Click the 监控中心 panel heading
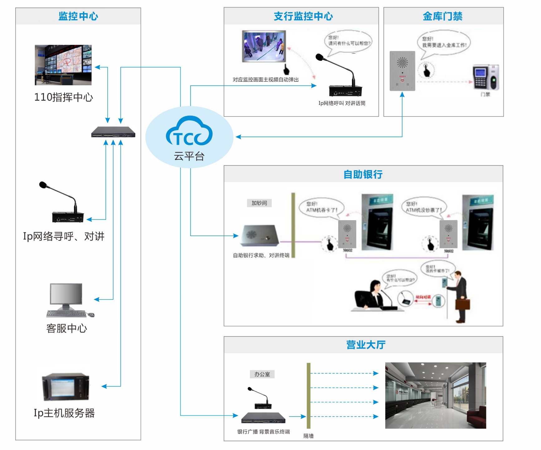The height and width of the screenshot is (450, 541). click(78, 16)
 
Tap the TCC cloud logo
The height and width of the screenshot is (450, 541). click(189, 132)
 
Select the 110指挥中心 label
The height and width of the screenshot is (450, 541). click(64, 97)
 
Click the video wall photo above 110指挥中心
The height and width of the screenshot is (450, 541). click(63, 65)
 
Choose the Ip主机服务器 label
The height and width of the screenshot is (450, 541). click(64, 413)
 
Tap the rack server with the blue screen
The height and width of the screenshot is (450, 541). click(66, 387)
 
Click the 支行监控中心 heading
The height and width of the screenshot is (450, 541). click(303, 16)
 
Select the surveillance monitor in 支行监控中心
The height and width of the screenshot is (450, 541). click(264, 46)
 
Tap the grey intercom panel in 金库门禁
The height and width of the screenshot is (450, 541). click(402, 71)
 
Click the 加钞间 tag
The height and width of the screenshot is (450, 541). click(259, 203)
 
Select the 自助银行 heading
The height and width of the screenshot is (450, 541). click(363, 174)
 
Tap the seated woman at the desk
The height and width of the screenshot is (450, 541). click(371, 295)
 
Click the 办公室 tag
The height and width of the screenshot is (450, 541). click(262, 374)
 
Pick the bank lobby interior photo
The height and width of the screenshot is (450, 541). click(436, 395)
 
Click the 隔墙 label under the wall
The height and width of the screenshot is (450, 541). click(309, 436)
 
